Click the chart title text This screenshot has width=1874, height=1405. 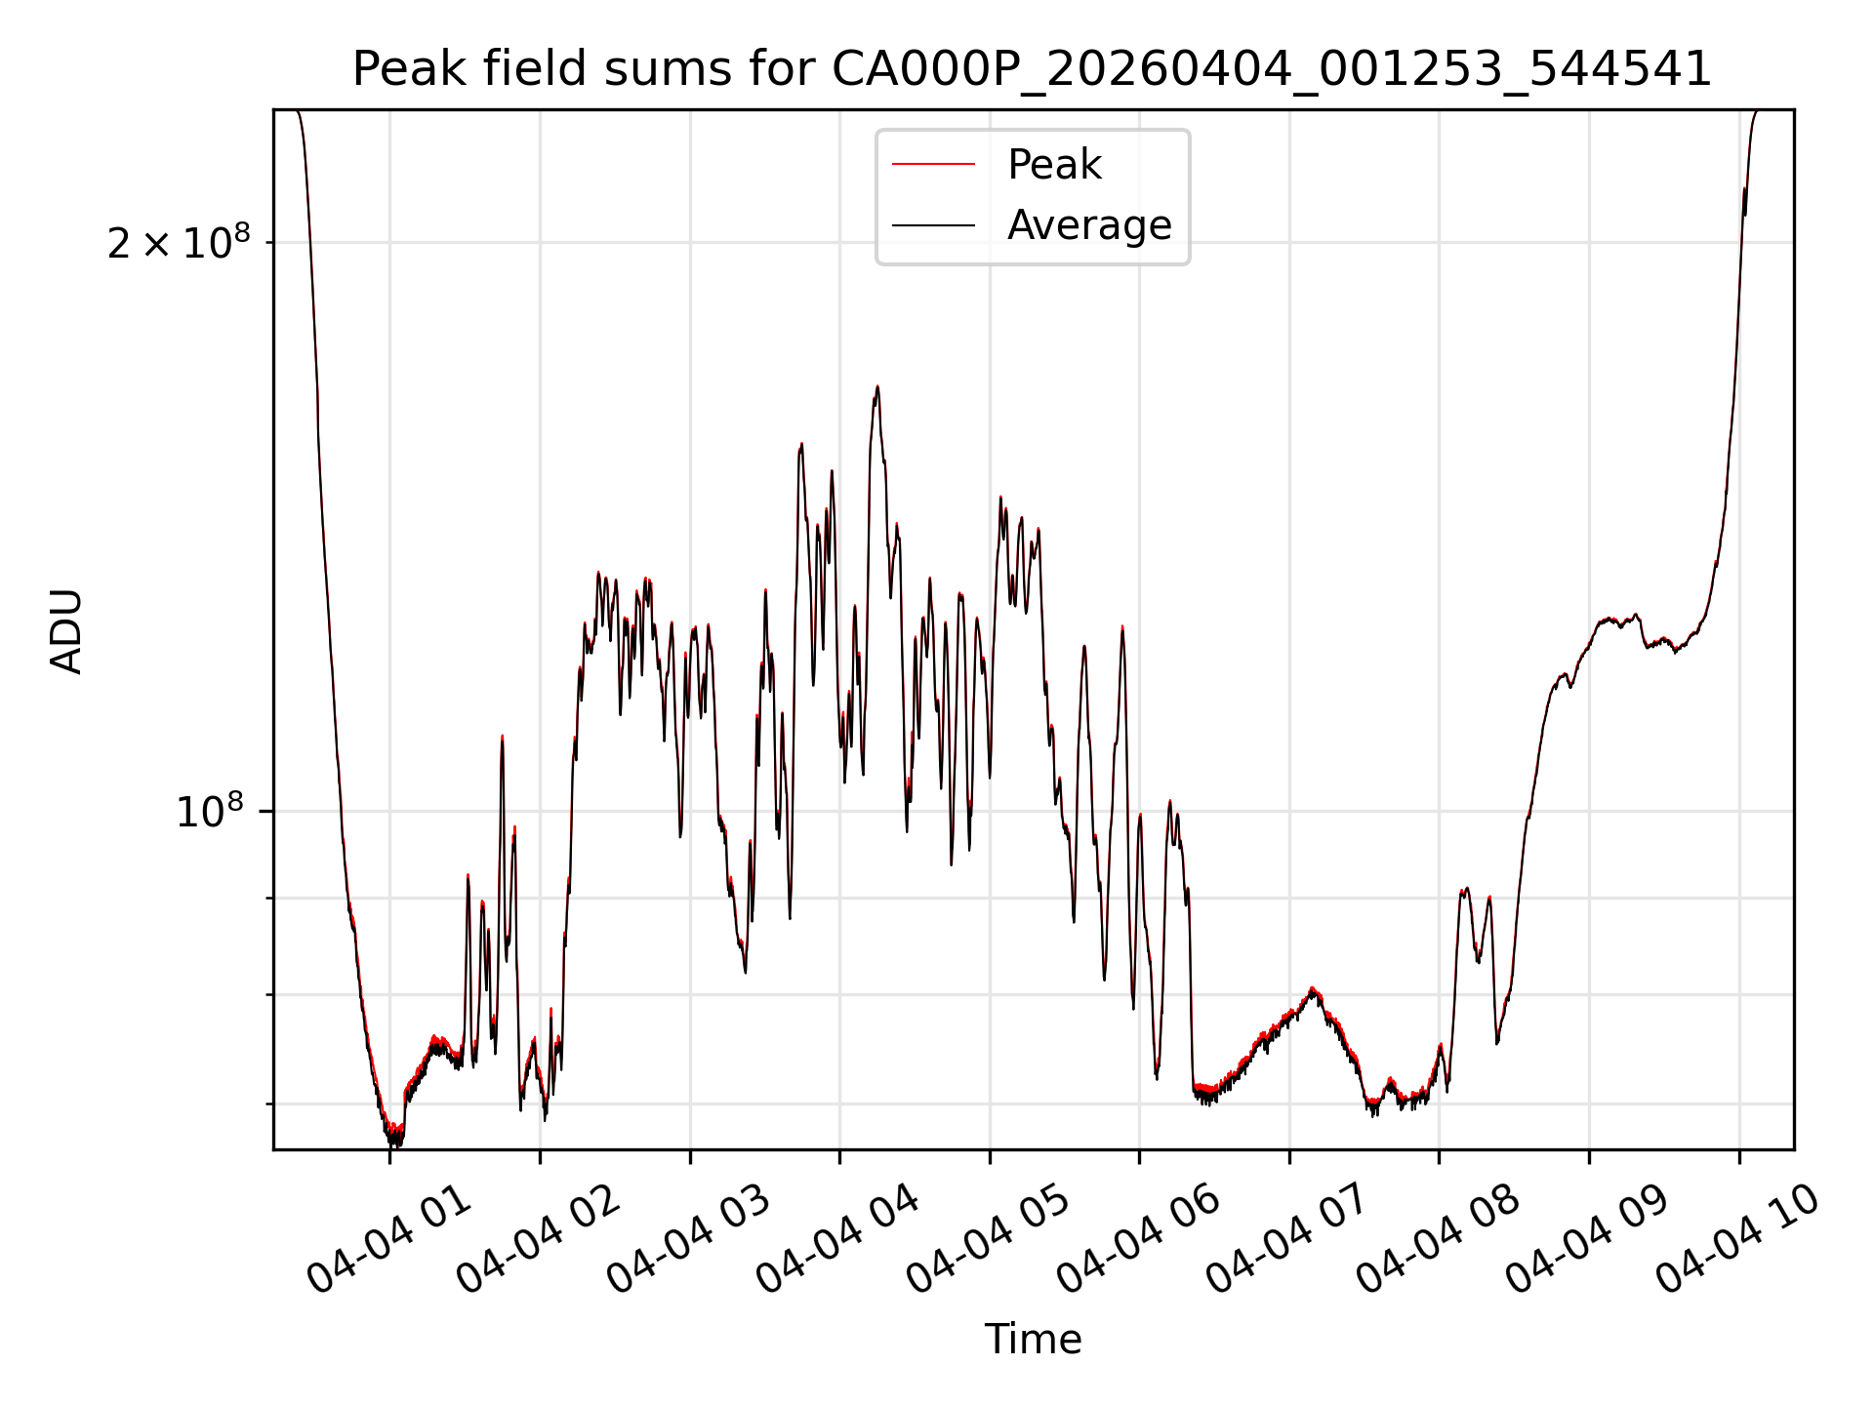(x=1033, y=69)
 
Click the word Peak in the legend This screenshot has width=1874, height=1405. (x=1054, y=165)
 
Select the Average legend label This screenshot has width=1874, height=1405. (x=1089, y=225)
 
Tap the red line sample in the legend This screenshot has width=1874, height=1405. (x=933, y=164)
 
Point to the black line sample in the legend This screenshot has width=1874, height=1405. (x=933, y=225)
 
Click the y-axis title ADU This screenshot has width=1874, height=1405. (x=66, y=630)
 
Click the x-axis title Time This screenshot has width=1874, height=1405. (x=1034, y=1340)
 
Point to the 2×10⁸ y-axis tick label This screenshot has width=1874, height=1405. (x=179, y=241)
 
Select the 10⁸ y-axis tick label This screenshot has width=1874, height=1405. (x=209, y=810)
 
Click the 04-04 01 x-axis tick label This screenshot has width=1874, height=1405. (x=388, y=1240)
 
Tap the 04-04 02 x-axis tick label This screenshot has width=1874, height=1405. (x=539, y=1240)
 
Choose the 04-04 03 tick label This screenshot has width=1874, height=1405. (x=689, y=1240)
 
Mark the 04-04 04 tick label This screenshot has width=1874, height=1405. (x=838, y=1240)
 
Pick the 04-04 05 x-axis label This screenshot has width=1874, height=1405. (x=989, y=1240)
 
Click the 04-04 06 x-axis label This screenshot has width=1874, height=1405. (x=1139, y=1240)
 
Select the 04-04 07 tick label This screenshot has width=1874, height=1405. (x=1288, y=1240)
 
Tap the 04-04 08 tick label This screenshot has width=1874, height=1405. (x=1439, y=1240)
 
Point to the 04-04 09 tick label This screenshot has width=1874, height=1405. (x=1588, y=1240)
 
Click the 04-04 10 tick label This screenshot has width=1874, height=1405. (x=1738, y=1240)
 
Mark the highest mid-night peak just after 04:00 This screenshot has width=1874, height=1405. (x=876, y=387)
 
